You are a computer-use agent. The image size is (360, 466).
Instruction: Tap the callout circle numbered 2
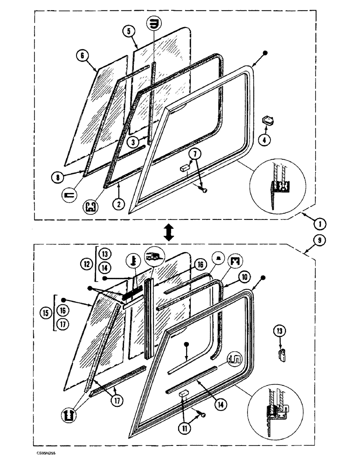point(119,204)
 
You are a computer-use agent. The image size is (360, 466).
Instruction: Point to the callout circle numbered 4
point(265,139)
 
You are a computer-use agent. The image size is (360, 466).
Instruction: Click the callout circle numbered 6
point(82,57)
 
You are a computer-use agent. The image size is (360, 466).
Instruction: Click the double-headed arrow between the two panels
point(169,232)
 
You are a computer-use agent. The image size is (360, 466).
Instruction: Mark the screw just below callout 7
point(204,189)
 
